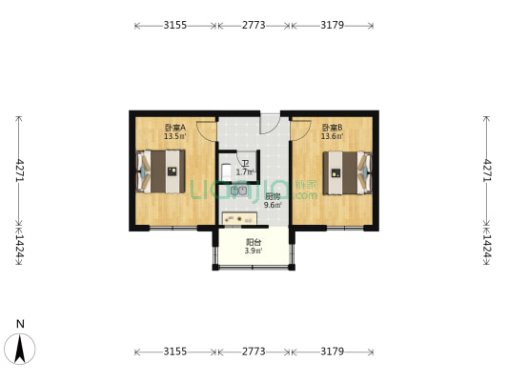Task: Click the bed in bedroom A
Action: click(x=161, y=171)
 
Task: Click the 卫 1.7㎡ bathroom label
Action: click(x=245, y=168)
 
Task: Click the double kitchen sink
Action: click(x=239, y=190)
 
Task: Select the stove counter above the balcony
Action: click(x=239, y=218)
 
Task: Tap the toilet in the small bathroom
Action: click(x=226, y=170)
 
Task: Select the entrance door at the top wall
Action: click(x=270, y=122)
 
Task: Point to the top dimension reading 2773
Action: click(x=254, y=26)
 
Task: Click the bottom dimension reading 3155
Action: click(x=174, y=351)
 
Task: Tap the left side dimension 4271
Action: click(x=19, y=170)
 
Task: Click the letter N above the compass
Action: click(x=20, y=324)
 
